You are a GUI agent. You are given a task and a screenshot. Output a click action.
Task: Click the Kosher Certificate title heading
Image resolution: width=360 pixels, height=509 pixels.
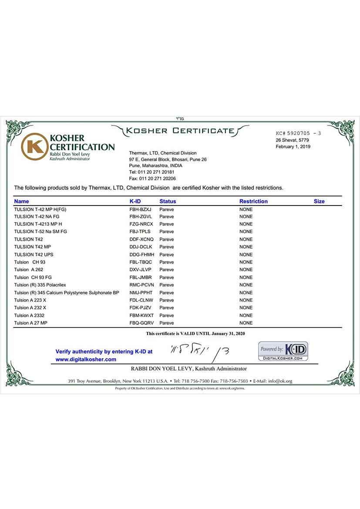180,131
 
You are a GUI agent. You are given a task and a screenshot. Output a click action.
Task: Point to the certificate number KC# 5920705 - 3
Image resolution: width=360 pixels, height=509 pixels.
298,133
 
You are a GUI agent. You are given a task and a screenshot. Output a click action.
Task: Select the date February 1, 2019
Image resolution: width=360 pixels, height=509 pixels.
293,147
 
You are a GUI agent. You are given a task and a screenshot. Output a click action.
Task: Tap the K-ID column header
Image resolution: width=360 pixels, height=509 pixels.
135,202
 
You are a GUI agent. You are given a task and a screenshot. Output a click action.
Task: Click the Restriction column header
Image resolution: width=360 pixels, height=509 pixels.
253,202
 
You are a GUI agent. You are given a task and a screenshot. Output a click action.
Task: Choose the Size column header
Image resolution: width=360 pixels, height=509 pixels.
319,202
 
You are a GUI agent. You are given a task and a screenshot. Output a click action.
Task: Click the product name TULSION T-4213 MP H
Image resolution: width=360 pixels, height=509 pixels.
38,224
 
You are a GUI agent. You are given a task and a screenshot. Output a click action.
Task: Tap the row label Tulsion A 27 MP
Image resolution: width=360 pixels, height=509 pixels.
30,323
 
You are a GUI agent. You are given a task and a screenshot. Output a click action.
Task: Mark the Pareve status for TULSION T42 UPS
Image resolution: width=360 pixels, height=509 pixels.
166,255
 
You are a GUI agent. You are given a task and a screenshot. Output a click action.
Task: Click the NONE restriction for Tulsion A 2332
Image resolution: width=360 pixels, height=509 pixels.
246,316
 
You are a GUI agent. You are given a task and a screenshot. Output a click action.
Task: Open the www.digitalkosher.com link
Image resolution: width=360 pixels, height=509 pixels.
86,360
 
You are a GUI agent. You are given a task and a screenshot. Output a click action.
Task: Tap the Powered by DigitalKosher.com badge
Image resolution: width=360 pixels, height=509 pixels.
283,351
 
